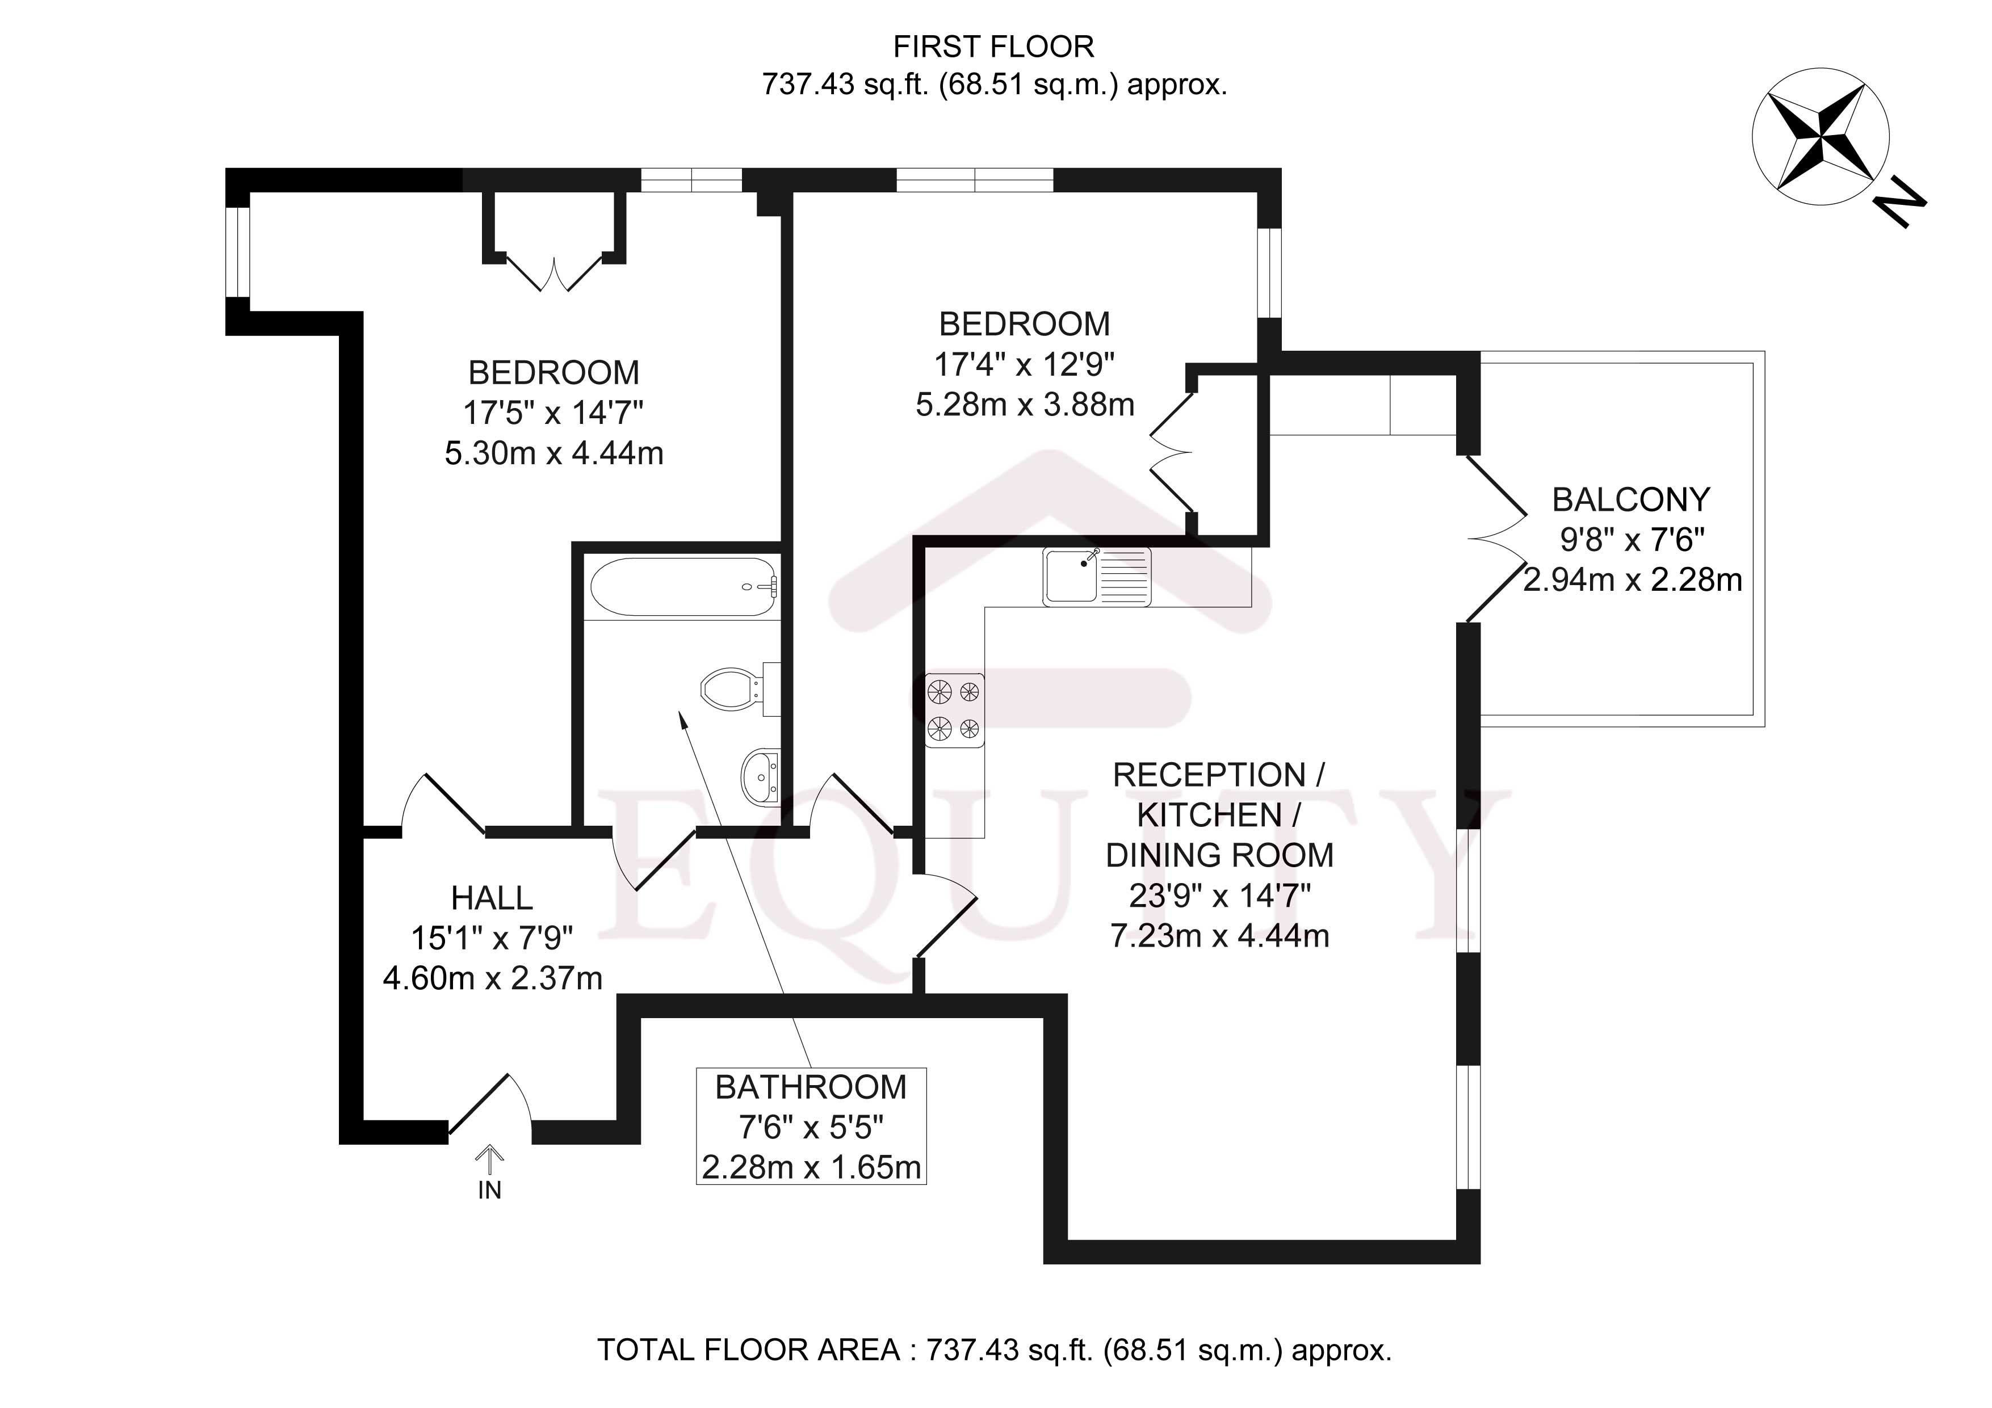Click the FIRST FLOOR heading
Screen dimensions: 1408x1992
coord(993,47)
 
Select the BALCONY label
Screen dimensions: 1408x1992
coord(1631,500)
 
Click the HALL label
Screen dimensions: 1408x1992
coord(492,898)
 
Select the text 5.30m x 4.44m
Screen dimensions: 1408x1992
coord(553,453)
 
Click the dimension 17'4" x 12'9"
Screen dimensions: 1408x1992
coord(1024,364)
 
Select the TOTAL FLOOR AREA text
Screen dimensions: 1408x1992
coord(994,1351)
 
